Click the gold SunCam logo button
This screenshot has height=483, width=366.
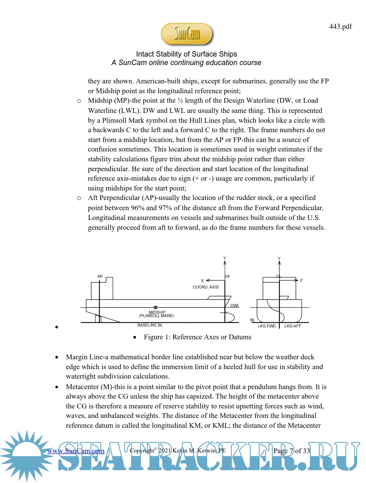point(187,34)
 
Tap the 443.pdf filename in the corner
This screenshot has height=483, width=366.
point(340,26)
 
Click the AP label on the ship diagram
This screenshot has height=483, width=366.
point(100,276)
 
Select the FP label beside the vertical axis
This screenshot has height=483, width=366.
point(228,277)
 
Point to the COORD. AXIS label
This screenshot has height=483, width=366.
point(205,287)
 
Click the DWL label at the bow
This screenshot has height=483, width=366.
point(235,306)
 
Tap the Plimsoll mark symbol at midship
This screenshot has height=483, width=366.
point(156,307)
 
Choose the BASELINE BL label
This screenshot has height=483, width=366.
point(150,325)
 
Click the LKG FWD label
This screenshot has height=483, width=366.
point(267,326)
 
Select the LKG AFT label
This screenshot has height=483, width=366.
point(292,326)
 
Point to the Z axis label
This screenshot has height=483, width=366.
point(301,280)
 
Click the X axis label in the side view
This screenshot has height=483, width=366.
point(202,281)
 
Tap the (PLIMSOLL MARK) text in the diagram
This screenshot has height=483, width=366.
point(156,316)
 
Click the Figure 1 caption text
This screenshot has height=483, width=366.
point(198,337)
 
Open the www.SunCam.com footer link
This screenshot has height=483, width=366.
point(76,451)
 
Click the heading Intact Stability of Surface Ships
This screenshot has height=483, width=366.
point(186,54)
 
